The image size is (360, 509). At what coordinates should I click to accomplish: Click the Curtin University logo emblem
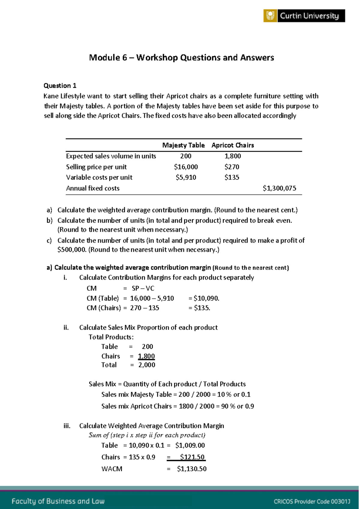coord(270,16)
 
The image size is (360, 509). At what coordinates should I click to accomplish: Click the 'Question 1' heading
coord(60,86)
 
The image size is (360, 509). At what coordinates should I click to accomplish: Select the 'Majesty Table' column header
coord(183,145)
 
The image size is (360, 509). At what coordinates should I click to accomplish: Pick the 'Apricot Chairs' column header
coord(232,145)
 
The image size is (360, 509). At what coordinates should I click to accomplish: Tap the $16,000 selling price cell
coord(186,167)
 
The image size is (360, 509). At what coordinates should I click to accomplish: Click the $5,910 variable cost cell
coord(186,177)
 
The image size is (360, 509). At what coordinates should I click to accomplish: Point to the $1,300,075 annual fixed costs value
coord(279,188)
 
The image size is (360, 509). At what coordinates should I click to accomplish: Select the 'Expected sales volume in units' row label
coord(111,156)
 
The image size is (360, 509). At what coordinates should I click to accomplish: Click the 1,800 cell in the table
coord(232,156)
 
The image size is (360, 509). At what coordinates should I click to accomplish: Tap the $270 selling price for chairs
coord(232,167)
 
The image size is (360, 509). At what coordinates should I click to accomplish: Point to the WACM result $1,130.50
coord(191,469)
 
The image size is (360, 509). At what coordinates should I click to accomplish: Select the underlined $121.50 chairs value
coord(192,457)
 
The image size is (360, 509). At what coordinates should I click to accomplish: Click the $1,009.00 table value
coord(190,445)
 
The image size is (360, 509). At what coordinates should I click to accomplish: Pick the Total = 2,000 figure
coord(146,365)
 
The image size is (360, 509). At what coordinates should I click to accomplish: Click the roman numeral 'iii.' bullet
coord(67,426)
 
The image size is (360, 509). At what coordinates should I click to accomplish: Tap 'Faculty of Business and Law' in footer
coord(58,501)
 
